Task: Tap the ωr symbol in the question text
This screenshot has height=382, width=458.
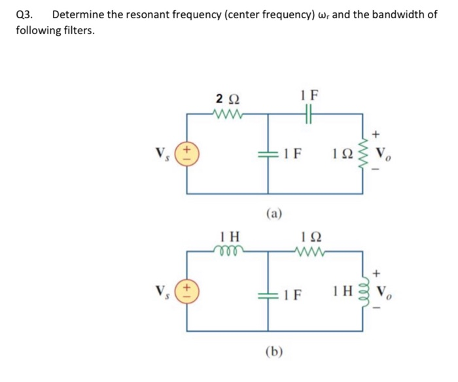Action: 327,15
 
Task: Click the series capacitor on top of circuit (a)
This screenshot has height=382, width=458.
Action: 310,114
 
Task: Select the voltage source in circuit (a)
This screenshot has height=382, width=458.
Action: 188,154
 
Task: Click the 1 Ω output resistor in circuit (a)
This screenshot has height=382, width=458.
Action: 364,155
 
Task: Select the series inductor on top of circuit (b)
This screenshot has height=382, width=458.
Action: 228,249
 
